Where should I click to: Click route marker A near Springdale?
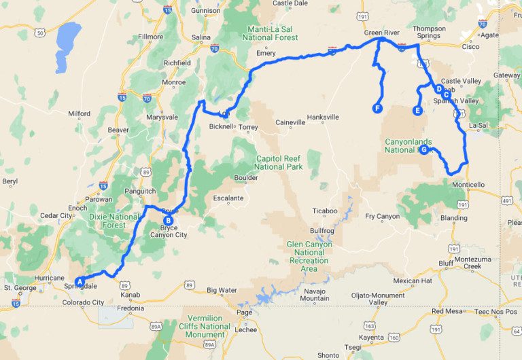(80, 281)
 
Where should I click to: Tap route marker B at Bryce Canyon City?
(168, 219)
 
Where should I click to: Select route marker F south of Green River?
(377, 108)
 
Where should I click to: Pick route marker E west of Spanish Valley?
(417, 110)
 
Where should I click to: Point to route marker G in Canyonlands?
(423, 150)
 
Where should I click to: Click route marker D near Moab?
(439, 89)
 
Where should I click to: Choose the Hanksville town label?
(323, 117)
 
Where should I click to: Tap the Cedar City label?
(56, 216)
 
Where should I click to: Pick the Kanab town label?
(130, 295)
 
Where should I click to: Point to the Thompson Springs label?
(430, 33)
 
